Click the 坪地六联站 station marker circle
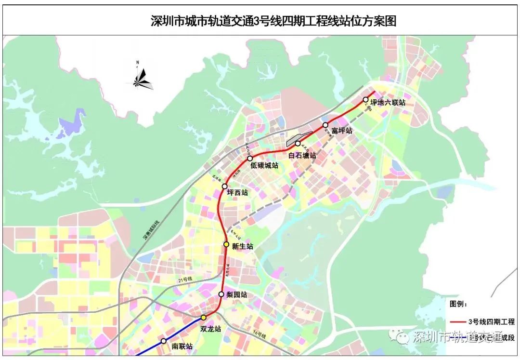[366, 100]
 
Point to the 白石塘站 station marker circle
[298, 144]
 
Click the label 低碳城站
[264, 165]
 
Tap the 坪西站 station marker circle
[224, 186]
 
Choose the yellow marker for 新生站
[226, 244]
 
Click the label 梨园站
[236, 294]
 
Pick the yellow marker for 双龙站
[204, 317]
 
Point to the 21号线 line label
[184, 280]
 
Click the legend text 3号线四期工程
[491, 322]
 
